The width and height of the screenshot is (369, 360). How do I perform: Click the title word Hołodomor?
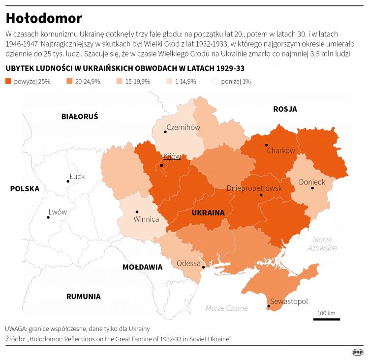click(x=44, y=19)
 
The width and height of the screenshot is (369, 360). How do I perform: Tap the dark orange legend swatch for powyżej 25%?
click(x=8, y=82)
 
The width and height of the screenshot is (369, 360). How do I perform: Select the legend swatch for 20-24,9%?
click(x=69, y=82)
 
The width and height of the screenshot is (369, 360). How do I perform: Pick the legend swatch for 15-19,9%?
click(x=120, y=82)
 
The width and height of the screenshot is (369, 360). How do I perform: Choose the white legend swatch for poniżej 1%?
click(x=215, y=82)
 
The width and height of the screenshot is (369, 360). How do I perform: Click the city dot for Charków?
click(x=266, y=145)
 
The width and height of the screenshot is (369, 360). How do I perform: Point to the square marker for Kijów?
click(x=161, y=165)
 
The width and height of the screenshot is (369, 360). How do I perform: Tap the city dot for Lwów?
click(x=48, y=217)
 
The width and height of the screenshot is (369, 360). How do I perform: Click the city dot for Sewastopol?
click(x=268, y=306)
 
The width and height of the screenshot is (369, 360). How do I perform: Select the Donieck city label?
click(x=312, y=182)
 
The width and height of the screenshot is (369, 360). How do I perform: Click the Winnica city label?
click(x=146, y=219)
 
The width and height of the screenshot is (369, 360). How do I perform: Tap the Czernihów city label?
click(x=184, y=127)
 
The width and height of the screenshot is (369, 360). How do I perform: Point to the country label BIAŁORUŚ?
click(x=80, y=117)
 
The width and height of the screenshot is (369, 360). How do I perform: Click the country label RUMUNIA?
click(x=83, y=297)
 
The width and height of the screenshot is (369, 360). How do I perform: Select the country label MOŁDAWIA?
click(x=142, y=267)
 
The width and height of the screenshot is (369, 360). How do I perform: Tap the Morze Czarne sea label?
click(x=226, y=308)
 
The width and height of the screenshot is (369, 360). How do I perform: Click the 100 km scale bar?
click(x=326, y=319)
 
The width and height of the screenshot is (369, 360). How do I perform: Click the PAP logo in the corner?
click(x=358, y=352)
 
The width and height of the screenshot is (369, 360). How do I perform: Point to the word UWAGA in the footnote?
click(x=16, y=329)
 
